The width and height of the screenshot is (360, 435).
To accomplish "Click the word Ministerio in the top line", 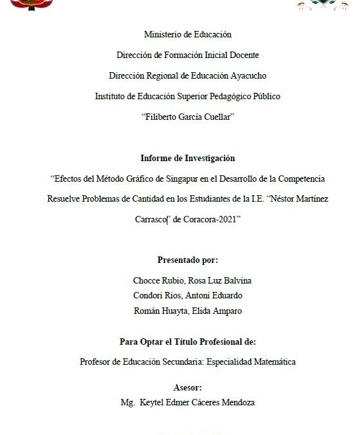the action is [162, 35].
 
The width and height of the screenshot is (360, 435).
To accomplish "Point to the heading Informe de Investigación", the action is [187, 158].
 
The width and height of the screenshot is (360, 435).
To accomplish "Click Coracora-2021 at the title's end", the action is [211, 219].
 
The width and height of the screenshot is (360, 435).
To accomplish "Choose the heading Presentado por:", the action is [187, 260].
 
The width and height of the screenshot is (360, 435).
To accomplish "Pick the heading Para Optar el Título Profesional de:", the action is [187, 342].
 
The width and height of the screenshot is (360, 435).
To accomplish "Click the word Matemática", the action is [270, 362].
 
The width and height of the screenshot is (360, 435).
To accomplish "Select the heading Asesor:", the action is [187, 387].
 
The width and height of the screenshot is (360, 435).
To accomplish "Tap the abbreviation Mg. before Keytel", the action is [128, 402].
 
